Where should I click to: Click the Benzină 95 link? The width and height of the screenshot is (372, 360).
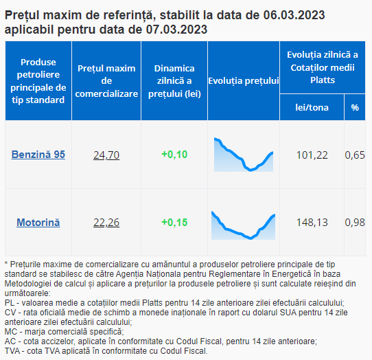38,155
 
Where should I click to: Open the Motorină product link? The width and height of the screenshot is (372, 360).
38,223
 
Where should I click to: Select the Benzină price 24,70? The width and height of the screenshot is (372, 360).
106,155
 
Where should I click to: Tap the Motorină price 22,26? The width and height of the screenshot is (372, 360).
106,223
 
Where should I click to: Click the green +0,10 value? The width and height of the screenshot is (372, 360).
174,155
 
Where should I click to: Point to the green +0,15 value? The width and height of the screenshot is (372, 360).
174,223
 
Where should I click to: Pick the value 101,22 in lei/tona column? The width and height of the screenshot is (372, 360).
312,155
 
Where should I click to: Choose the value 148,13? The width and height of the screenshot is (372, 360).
312,223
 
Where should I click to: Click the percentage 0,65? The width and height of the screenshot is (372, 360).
355,155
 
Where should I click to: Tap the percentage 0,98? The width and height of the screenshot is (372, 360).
355,223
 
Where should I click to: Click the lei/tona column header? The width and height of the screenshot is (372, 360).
312,108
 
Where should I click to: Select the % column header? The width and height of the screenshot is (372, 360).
355,108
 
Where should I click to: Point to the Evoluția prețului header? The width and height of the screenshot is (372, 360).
244,81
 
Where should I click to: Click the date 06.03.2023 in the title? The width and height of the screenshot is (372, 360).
294,15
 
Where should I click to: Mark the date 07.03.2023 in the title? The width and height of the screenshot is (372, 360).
176,30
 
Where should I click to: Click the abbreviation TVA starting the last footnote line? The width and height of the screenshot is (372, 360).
12,351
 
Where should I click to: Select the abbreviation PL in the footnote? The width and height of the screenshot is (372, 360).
10,303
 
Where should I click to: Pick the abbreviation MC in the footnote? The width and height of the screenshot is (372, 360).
10,332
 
